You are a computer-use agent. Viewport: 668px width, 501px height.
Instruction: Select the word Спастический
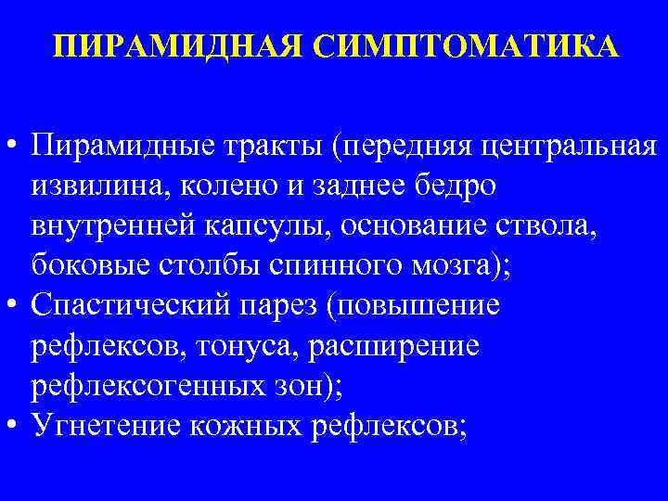click(135, 305)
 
